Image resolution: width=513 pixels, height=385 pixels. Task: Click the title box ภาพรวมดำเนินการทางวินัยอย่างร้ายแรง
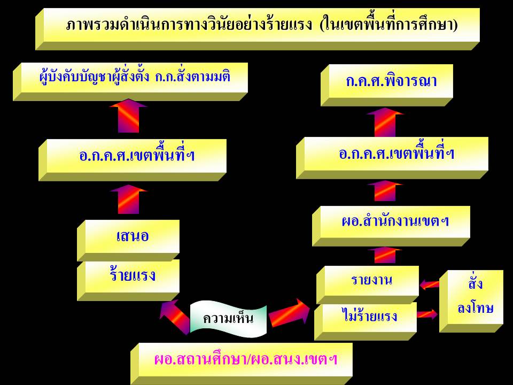point(258,29)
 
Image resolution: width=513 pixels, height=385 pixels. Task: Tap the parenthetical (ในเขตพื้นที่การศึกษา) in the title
point(389,25)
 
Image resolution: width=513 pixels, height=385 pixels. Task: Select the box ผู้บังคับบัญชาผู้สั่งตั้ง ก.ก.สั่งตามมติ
point(130,81)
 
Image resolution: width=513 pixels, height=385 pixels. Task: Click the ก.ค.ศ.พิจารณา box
point(387,85)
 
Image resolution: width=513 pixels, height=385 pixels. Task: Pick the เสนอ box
point(128,240)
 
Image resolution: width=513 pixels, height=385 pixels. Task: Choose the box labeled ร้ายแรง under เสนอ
point(128,280)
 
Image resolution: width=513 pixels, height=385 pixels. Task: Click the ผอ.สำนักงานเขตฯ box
point(391,226)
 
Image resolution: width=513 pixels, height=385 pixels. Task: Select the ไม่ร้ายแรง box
point(366,321)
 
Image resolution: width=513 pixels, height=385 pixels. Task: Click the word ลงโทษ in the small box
point(475,309)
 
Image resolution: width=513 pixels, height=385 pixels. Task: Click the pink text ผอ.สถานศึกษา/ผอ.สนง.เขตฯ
point(246,359)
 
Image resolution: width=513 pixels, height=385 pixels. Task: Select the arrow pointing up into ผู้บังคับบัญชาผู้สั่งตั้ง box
point(128,115)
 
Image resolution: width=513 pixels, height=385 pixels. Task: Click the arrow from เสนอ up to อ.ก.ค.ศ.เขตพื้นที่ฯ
point(128,199)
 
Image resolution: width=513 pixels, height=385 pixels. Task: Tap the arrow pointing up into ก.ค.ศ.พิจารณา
point(385,122)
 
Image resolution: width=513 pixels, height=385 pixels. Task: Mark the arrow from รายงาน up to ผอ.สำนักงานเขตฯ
point(385,255)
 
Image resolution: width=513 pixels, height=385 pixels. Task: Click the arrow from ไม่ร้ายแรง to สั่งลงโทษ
point(428,314)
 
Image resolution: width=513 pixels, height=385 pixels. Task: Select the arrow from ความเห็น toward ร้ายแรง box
point(174,317)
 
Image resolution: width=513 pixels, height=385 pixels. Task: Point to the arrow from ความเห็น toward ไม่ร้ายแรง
point(289,313)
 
